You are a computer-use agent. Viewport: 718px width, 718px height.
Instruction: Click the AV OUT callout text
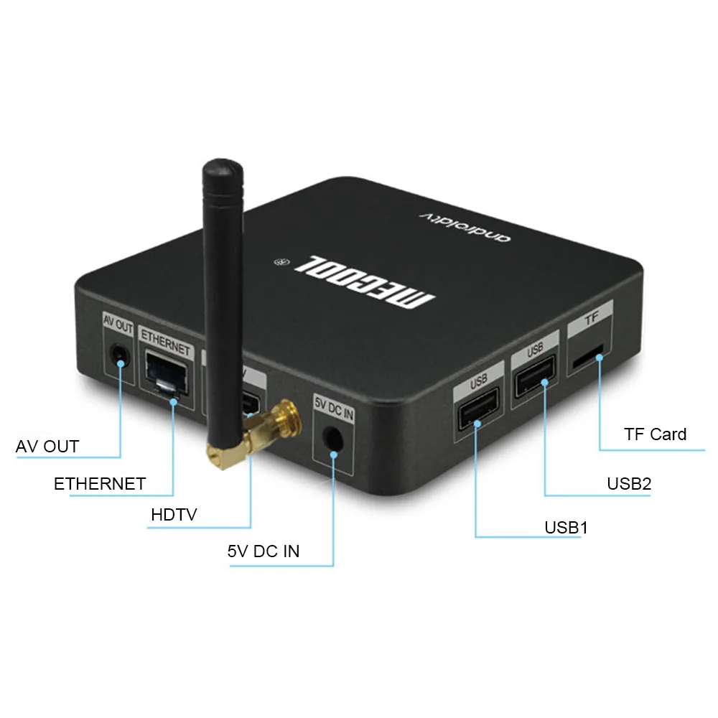pyautogui.click(x=47, y=446)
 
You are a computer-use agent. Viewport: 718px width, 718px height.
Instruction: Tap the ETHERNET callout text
pyautogui.click(x=100, y=484)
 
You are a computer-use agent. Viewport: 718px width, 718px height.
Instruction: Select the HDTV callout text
pyautogui.click(x=174, y=515)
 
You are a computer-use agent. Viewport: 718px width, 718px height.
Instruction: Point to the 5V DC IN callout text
pyautogui.click(x=264, y=551)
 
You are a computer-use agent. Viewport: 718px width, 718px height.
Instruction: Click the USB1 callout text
pyautogui.click(x=566, y=528)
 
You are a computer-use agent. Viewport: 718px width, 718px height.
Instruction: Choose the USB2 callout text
pyautogui.click(x=629, y=483)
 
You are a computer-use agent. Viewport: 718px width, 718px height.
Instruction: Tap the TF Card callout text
pyautogui.click(x=655, y=434)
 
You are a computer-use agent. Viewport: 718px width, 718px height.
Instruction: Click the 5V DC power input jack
pyautogui.click(x=332, y=437)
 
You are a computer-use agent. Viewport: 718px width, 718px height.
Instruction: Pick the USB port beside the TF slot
pyautogui.click(x=536, y=377)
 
